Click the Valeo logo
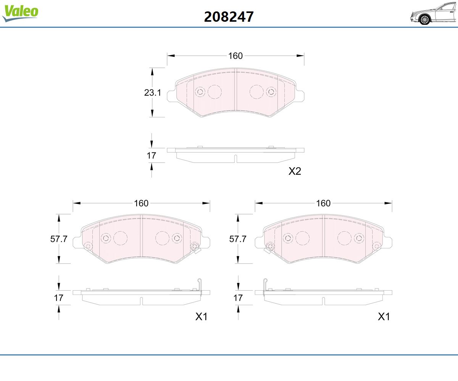[20, 13]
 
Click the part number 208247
[229, 17]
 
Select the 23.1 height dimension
[152, 93]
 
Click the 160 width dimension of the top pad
[235, 56]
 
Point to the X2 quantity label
[295, 171]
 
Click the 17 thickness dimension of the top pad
[151, 156]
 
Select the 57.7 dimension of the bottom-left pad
[59, 239]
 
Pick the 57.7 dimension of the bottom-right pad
[238, 239]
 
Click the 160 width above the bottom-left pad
[141, 203]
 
